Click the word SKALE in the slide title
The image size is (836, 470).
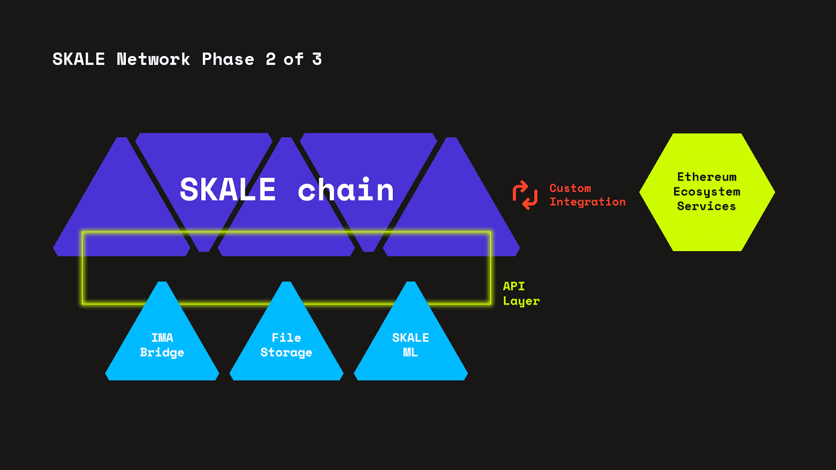pyautogui.click(x=78, y=60)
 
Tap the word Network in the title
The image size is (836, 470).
pyautogui.click(x=153, y=60)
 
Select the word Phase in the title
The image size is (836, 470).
pyautogui.click(x=228, y=60)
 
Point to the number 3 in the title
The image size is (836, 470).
pyautogui.click(x=317, y=60)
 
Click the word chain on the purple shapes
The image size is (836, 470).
pyautogui.click(x=345, y=190)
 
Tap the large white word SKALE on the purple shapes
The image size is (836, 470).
pyautogui.click(x=228, y=190)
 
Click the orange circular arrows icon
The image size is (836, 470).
pyautogui.click(x=525, y=195)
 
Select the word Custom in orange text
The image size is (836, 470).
pyautogui.click(x=570, y=188)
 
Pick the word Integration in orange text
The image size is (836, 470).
pyautogui.click(x=587, y=202)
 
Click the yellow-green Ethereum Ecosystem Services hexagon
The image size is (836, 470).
pyautogui.click(x=706, y=230)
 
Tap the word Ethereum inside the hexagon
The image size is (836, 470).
pyautogui.click(x=706, y=177)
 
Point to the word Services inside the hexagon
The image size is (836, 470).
pyautogui.click(x=706, y=206)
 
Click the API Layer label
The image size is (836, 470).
pyautogui.click(x=520, y=293)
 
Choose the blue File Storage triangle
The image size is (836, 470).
pyautogui.click(x=286, y=366)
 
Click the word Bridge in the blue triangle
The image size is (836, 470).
pyautogui.click(x=162, y=352)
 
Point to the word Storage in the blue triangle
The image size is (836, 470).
pyautogui.click(x=286, y=353)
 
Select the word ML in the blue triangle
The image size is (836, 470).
pyautogui.click(x=410, y=352)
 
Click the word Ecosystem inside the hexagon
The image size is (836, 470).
pyautogui.click(x=706, y=192)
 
